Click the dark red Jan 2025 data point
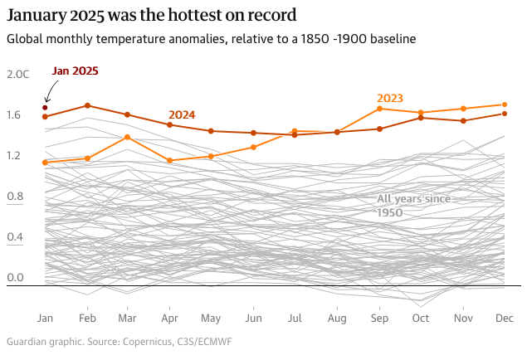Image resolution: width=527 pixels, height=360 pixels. pyautogui.click(x=45, y=108)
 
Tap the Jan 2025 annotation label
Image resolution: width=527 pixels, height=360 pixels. pyautogui.click(x=75, y=71)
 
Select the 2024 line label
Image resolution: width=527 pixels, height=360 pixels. pyautogui.click(x=182, y=114)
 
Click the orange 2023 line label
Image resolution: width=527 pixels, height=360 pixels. pyautogui.click(x=390, y=98)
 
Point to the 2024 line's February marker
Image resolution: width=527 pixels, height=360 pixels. pyautogui.click(x=87, y=105)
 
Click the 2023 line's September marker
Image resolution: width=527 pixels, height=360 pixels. pyautogui.click(x=379, y=109)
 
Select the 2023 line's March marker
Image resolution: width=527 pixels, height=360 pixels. pyautogui.click(x=127, y=137)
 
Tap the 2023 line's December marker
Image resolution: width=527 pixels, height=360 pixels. pyautogui.click(x=505, y=105)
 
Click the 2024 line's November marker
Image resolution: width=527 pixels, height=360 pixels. pyautogui.click(x=463, y=121)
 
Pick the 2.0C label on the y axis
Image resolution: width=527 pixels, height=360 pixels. pyautogui.click(x=17, y=74)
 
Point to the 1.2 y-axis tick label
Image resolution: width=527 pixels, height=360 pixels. pyautogui.click(x=14, y=155)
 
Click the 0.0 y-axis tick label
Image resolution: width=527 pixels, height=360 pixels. pyautogui.click(x=14, y=278)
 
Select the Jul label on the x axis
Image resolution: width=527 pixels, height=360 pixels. pyautogui.click(x=295, y=319)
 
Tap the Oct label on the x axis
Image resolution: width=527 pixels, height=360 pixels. pyautogui.click(x=421, y=319)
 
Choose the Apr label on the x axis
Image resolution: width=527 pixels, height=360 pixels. pyautogui.click(x=169, y=319)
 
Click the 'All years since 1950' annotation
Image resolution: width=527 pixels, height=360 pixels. pyautogui.click(x=412, y=205)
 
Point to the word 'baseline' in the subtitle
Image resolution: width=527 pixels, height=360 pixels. pyautogui.click(x=389, y=39)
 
